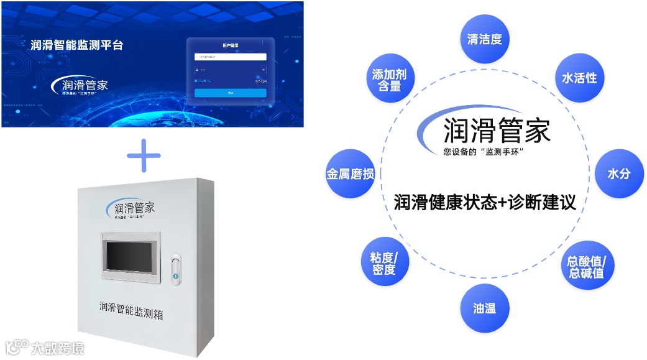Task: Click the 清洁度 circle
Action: point(485,39)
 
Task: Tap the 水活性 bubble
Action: point(579,78)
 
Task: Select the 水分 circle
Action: point(618,173)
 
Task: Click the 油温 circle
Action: point(484,307)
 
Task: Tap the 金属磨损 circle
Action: point(351,174)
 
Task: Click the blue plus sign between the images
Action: point(144,155)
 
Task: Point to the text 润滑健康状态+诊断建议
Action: point(485,203)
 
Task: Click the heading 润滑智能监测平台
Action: point(77,45)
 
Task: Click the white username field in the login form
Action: point(230,57)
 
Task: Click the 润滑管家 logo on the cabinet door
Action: point(131,208)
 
